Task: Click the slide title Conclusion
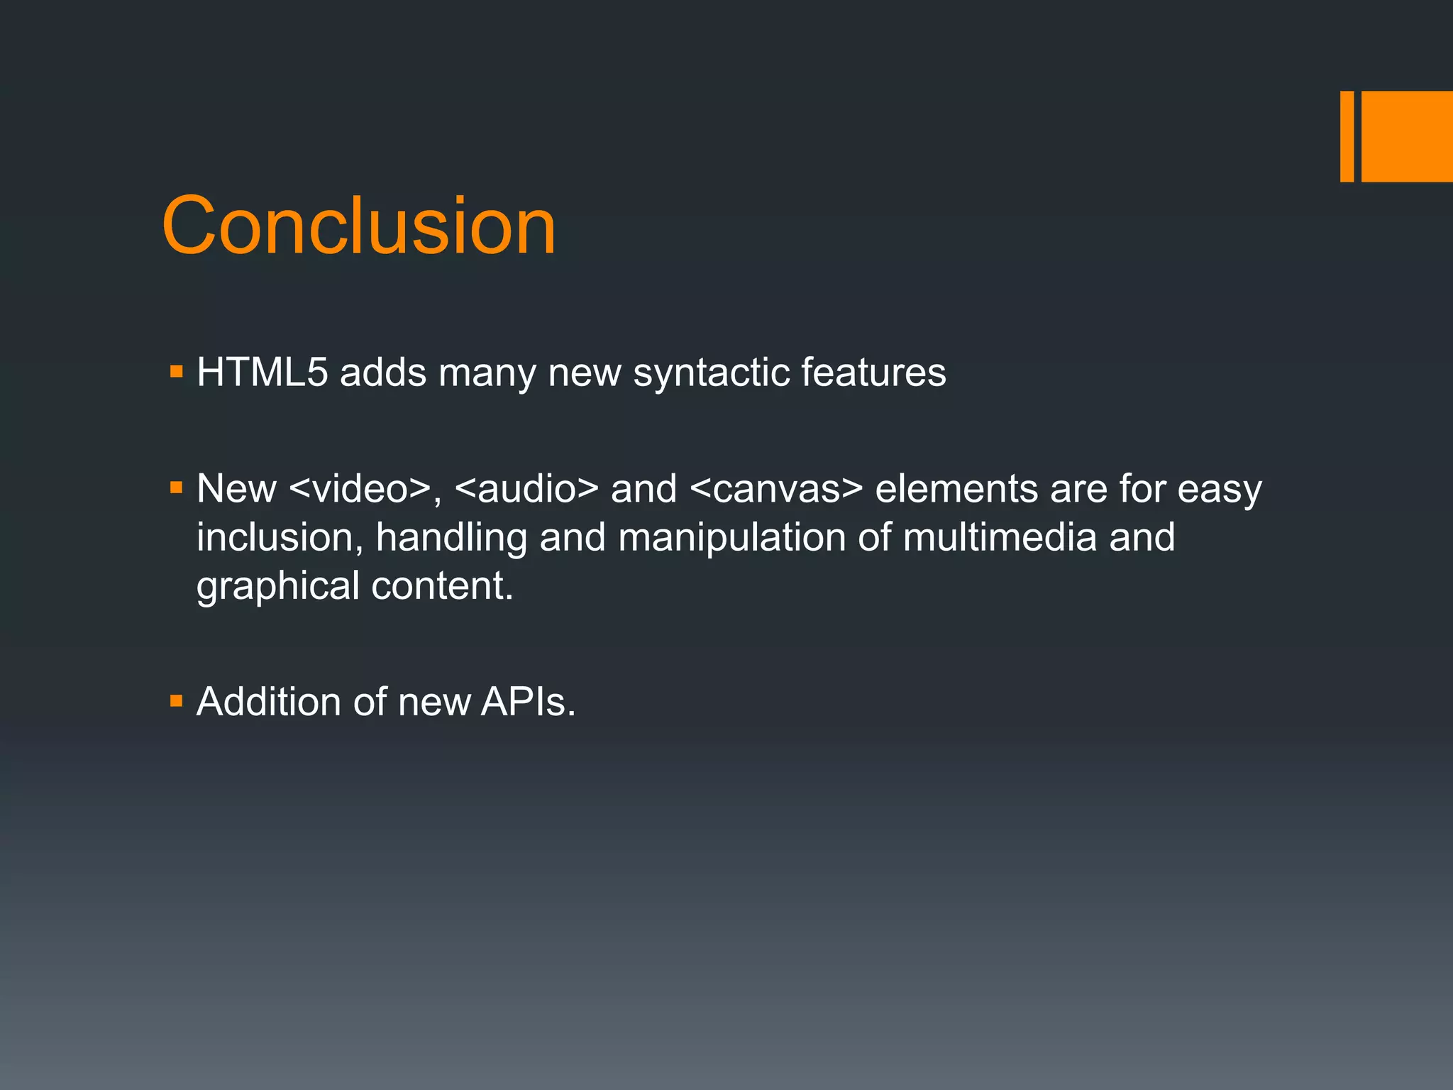(x=359, y=226)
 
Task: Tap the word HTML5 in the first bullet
(x=263, y=372)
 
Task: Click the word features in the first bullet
(x=873, y=372)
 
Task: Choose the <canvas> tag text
(x=776, y=490)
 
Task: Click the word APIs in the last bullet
(x=528, y=702)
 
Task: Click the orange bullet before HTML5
(x=177, y=371)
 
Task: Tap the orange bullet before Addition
(x=177, y=702)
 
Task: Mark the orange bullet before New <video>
(x=177, y=488)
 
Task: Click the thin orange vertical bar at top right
(x=1347, y=136)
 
